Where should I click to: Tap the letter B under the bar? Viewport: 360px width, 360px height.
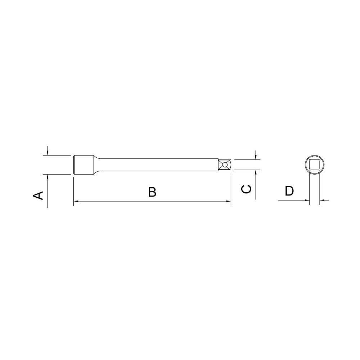(x=152, y=192)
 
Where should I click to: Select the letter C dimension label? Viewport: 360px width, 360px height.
(x=246, y=189)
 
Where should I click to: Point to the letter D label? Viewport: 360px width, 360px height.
(x=289, y=191)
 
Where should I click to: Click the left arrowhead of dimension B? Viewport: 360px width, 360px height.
(x=76, y=202)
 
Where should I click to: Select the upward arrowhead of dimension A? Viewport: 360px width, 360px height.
(x=48, y=177)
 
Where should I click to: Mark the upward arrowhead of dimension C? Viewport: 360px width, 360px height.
(x=255, y=172)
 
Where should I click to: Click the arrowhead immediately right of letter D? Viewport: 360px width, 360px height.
(x=307, y=200)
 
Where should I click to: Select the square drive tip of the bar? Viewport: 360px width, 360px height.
(x=225, y=165)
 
